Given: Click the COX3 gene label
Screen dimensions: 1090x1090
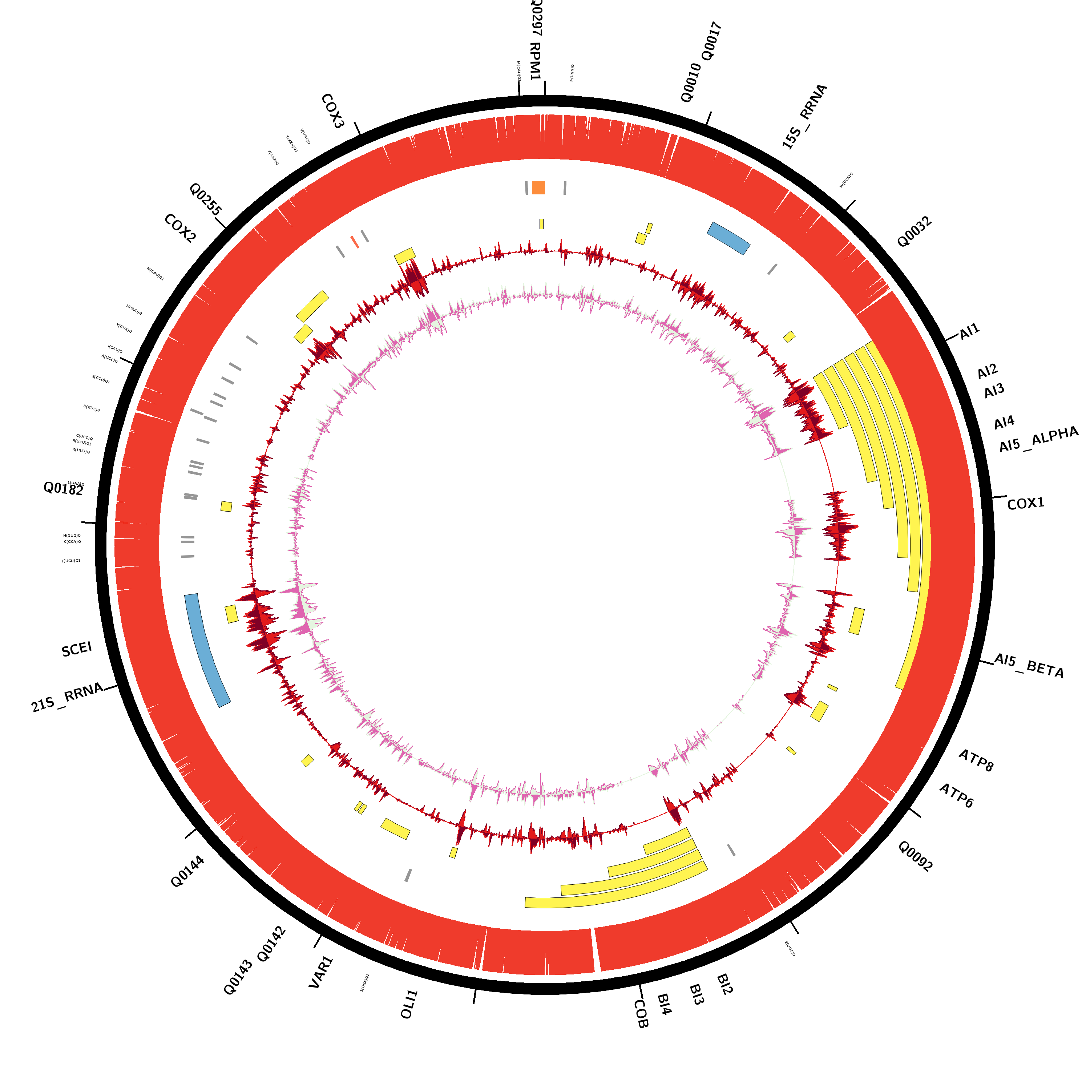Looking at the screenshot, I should (x=332, y=111).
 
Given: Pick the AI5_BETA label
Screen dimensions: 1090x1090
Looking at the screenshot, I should (x=1029, y=666).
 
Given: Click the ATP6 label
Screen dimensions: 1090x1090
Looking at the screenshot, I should (x=956, y=795).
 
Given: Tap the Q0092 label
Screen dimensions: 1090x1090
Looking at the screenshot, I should (x=915, y=856).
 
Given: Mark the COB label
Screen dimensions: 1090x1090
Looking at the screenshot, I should (x=641, y=1014).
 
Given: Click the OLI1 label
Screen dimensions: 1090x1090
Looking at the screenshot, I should (x=409, y=1004).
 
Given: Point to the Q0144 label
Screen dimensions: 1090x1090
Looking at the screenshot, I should (x=187, y=872).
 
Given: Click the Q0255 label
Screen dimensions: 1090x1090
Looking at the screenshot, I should (x=205, y=199).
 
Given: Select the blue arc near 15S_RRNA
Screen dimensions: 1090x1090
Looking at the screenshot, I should (x=728, y=238).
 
